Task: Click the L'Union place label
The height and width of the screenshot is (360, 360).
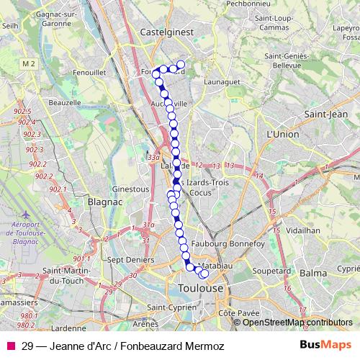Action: point(282,135)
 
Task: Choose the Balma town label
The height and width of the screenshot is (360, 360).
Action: point(313,274)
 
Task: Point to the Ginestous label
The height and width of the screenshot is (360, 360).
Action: point(130,189)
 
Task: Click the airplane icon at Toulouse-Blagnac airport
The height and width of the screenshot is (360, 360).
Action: point(27,215)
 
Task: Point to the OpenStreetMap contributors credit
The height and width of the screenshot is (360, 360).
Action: point(297,323)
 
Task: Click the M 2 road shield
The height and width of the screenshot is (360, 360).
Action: point(48,65)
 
